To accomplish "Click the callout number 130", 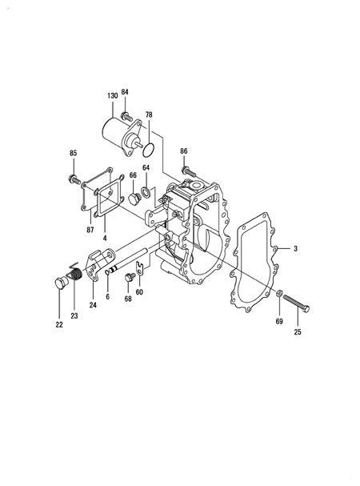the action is click(x=113, y=96).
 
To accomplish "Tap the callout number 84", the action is click(x=125, y=92).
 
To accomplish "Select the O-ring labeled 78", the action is click(x=149, y=150).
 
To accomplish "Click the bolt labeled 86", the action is click(x=187, y=171).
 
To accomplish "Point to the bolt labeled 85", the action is click(x=74, y=179).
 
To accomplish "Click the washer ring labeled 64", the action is click(x=145, y=192).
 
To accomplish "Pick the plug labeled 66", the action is click(x=134, y=199).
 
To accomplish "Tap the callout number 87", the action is click(x=90, y=230).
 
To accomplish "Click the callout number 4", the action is click(x=105, y=238).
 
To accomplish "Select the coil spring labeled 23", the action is click(x=74, y=273).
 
